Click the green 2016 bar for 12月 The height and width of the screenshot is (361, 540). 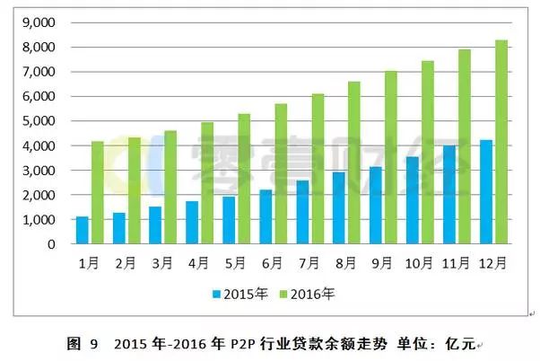(501, 142)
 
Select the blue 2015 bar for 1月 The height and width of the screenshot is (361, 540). (83, 231)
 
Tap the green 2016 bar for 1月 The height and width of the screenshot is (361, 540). (97, 193)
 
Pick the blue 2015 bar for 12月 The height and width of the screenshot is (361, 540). (487, 192)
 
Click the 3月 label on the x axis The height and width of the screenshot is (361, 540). (163, 264)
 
